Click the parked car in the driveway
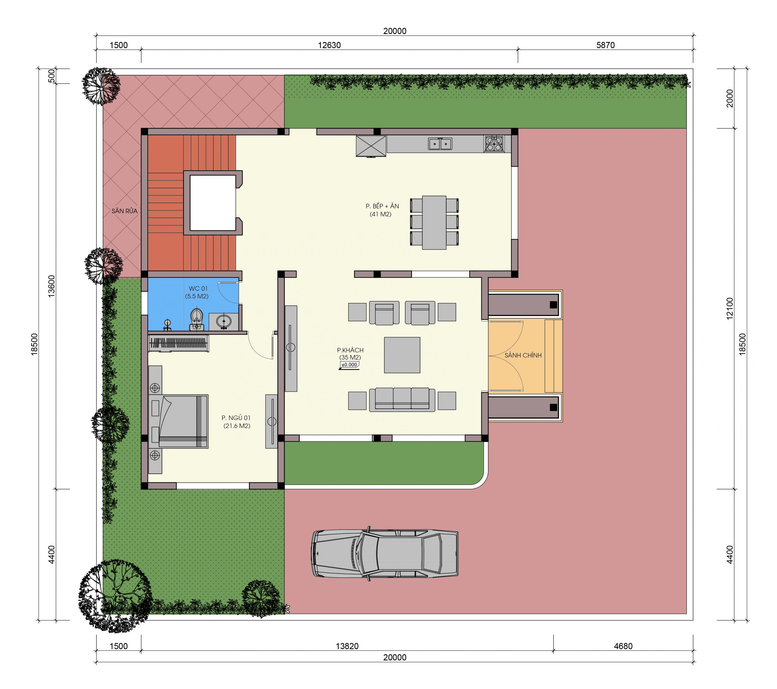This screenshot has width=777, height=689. pyautogui.click(x=385, y=553)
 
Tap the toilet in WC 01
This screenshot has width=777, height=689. pyautogui.click(x=196, y=319)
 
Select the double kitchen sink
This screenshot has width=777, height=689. pyautogui.click(x=440, y=144)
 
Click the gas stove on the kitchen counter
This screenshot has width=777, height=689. pyautogui.click(x=494, y=144)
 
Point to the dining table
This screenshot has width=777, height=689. pyautogui.click(x=434, y=223)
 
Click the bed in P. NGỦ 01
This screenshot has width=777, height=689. pyautogui.click(x=178, y=421)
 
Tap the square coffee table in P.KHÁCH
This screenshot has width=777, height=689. pyautogui.click(x=402, y=355)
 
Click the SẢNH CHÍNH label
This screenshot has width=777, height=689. pyautogui.click(x=523, y=355)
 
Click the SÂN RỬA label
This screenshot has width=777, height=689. pyautogui.click(x=124, y=211)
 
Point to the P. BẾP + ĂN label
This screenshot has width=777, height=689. pyautogui.click(x=382, y=206)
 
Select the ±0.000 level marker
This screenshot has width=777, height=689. pyautogui.click(x=349, y=365)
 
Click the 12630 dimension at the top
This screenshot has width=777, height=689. pyautogui.click(x=329, y=45)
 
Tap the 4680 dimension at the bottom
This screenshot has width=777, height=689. pyautogui.click(x=623, y=646)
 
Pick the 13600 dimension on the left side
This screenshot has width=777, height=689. pyautogui.click(x=51, y=286)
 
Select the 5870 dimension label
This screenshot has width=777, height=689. pyautogui.click(x=605, y=45)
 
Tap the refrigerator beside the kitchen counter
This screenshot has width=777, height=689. pyautogui.click(x=371, y=146)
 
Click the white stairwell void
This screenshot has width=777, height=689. pyautogui.click(x=213, y=203)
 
